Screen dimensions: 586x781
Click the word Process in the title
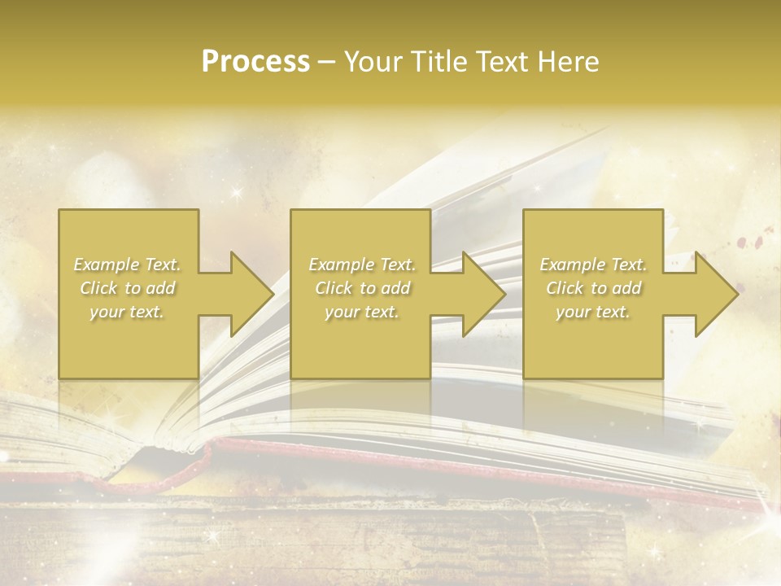255,62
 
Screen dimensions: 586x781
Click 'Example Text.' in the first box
127,265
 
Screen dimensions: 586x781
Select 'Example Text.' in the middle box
361,265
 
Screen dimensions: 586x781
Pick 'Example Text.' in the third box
593,265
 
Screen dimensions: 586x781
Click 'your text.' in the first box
127,312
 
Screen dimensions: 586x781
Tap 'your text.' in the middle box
361,312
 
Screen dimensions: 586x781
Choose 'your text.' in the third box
593,312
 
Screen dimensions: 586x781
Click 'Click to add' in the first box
127,288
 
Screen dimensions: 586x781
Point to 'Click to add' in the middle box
361,288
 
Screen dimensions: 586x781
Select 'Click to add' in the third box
593,288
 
